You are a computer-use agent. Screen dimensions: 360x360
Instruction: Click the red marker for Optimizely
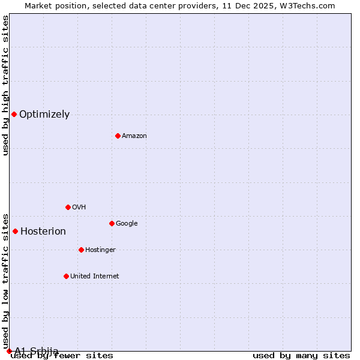14,114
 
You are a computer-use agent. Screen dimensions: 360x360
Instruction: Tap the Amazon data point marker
118,136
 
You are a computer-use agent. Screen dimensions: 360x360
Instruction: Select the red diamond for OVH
68,207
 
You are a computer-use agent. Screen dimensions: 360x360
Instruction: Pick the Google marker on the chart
112,223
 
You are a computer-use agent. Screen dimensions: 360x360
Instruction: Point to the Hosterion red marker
15,231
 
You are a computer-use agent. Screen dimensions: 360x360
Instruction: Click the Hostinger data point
81,250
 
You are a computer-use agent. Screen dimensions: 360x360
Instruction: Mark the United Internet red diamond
66,276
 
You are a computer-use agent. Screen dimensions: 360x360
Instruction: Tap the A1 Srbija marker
9,351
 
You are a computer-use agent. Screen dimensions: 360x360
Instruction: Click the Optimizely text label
44,115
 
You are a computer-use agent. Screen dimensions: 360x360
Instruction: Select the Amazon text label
134,136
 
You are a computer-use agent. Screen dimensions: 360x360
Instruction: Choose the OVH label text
79,208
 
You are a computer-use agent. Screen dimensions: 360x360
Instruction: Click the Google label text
127,224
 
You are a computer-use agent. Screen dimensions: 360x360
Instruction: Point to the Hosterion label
43,232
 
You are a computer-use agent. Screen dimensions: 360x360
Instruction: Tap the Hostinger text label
100,250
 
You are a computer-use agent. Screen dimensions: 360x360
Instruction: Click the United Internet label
95,277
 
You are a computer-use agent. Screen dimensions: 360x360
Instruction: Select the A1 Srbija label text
37,350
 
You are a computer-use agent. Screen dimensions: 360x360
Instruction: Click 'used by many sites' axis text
301,355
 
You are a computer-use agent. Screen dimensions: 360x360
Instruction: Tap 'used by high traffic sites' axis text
5,85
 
